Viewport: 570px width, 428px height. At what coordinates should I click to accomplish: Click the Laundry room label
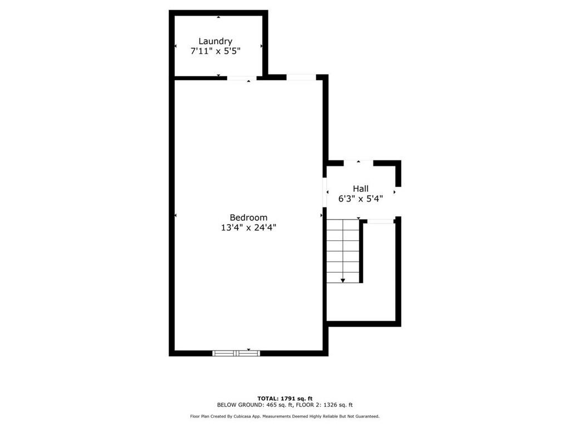point(215,41)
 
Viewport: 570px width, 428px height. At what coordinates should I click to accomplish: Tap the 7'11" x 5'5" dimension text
point(215,51)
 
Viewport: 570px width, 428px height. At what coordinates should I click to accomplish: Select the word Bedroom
point(248,217)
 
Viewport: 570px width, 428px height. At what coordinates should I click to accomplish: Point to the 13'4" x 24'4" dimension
point(248,227)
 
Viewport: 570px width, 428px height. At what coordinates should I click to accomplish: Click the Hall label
point(360,189)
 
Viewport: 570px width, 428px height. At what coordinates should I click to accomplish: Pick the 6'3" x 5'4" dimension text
point(360,198)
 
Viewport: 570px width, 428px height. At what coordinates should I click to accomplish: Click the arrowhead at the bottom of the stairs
point(343,280)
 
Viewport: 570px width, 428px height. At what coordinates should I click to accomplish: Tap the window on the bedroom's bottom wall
point(237,353)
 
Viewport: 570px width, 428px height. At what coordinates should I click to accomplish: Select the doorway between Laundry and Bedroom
point(242,78)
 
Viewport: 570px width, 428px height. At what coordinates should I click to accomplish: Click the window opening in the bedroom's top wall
point(301,77)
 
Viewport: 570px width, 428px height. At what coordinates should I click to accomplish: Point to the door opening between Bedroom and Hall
point(325,192)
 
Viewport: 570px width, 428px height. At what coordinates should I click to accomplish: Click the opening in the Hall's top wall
point(358,163)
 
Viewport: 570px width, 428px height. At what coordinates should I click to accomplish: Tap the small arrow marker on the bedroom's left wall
point(176,215)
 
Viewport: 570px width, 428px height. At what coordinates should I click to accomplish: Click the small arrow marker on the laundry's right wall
point(261,46)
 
